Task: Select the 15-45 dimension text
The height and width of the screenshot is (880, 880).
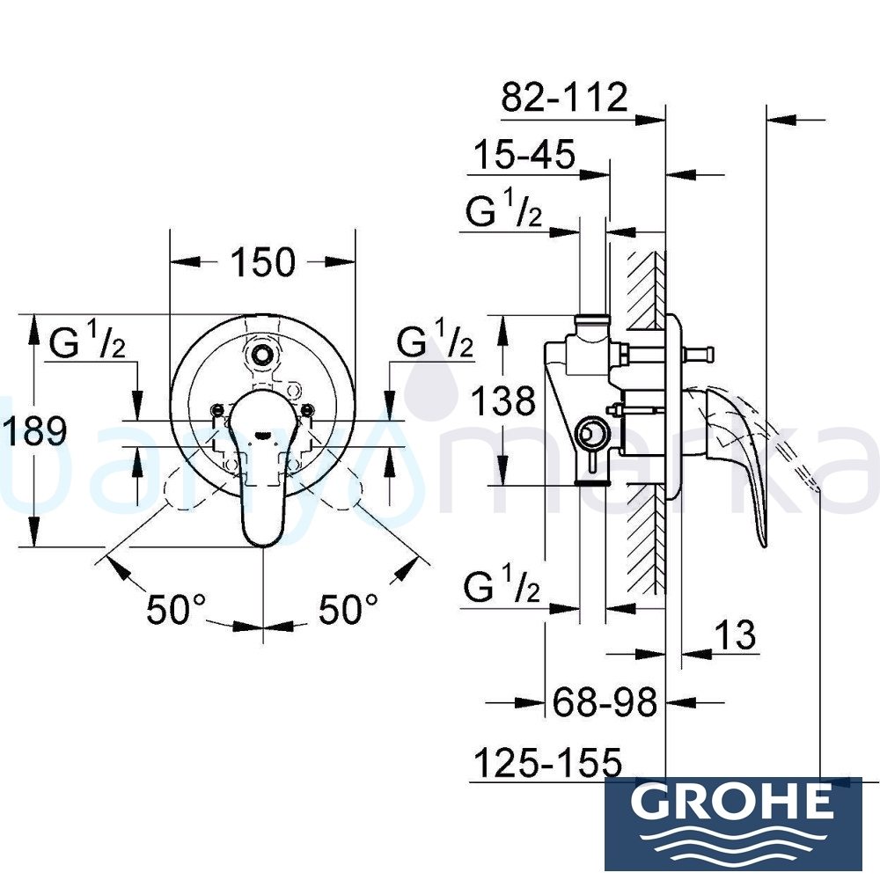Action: pyautogui.click(x=524, y=156)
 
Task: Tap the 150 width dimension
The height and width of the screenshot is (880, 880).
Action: pyautogui.click(x=263, y=261)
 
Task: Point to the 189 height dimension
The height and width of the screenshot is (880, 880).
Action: pyautogui.click(x=34, y=431)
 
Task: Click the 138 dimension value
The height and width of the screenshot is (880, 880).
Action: pyautogui.click(x=502, y=402)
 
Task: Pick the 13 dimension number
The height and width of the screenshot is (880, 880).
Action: pyautogui.click(x=736, y=634)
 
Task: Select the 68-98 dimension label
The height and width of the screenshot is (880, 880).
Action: pyautogui.click(x=605, y=702)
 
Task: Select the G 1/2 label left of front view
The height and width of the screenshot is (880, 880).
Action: pyautogui.click(x=87, y=343)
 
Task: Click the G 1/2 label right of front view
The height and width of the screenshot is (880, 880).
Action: pyautogui.click(x=435, y=343)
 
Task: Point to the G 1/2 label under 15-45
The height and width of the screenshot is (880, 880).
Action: pyautogui.click(x=503, y=214)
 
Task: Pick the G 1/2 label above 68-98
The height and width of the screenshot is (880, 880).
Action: pyautogui.click(x=503, y=587)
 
